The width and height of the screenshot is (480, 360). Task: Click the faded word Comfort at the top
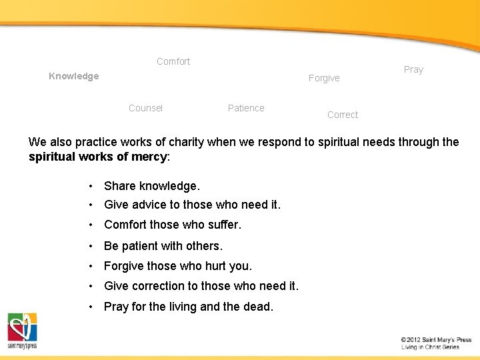click(173, 61)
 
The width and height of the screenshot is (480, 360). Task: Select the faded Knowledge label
click(74, 76)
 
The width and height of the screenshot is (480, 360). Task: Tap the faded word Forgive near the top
click(324, 78)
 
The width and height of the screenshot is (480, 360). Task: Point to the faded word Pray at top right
click(413, 69)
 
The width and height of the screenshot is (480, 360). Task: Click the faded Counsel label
click(145, 108)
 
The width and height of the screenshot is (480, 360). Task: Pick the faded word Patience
click(246, 108)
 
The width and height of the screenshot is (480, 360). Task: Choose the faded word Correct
click(343, 115)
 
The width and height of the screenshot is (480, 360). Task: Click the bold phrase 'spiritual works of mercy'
click(98, 157)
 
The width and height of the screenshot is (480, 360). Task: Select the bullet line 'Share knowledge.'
click(152, 186)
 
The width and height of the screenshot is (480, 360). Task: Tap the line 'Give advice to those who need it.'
click(192, 205)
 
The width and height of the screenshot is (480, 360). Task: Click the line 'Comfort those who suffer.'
click(173, 225)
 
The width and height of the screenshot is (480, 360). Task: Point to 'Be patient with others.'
click(163, 246)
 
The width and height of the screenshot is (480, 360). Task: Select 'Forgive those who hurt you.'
click(178, 266)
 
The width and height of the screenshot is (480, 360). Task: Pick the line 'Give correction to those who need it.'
click(201, 286)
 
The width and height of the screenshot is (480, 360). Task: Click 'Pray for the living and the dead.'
click(189, 307)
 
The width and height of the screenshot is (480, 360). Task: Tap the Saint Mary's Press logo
click(22, 331)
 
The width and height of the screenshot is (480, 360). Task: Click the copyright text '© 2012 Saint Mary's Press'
click(436, 339)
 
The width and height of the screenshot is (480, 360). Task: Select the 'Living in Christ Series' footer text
click(430, 347)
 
